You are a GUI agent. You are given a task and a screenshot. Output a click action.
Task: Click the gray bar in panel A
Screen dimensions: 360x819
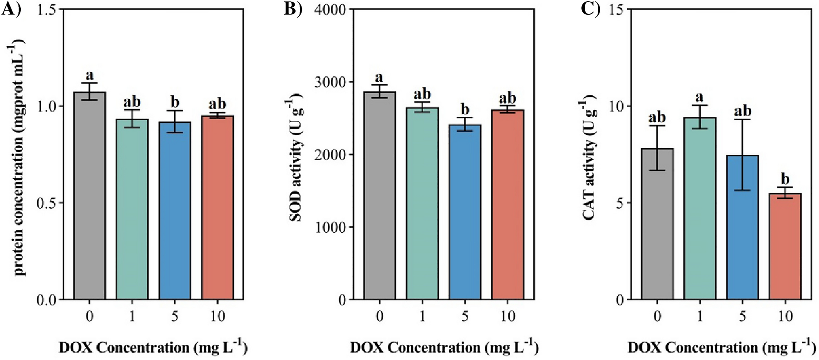(x=90, y=196)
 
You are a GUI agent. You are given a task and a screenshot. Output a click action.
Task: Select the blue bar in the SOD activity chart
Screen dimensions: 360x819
(x=465, y=212)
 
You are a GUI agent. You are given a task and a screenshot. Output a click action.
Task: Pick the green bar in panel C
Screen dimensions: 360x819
(x=700, y=208)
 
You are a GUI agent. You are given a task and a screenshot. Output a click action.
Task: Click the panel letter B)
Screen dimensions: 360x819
(x=293, y=9)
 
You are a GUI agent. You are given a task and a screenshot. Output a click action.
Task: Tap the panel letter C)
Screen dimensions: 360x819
(x=590, y=9)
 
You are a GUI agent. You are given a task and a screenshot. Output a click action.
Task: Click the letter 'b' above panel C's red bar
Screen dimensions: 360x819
(x=785, y=179)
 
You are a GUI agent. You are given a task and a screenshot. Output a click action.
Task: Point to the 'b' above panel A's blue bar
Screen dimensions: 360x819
(x=175, y=102)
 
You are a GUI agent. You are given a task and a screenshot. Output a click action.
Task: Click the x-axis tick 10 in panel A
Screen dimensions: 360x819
(x=218, y=316)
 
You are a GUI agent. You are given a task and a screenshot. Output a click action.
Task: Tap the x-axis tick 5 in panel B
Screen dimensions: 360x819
(x=465, y=316)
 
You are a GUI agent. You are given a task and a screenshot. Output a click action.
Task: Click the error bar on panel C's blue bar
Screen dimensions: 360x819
(x=742, y=155)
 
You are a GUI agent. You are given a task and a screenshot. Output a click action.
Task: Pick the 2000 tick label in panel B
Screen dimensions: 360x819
(x=330, y=155)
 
